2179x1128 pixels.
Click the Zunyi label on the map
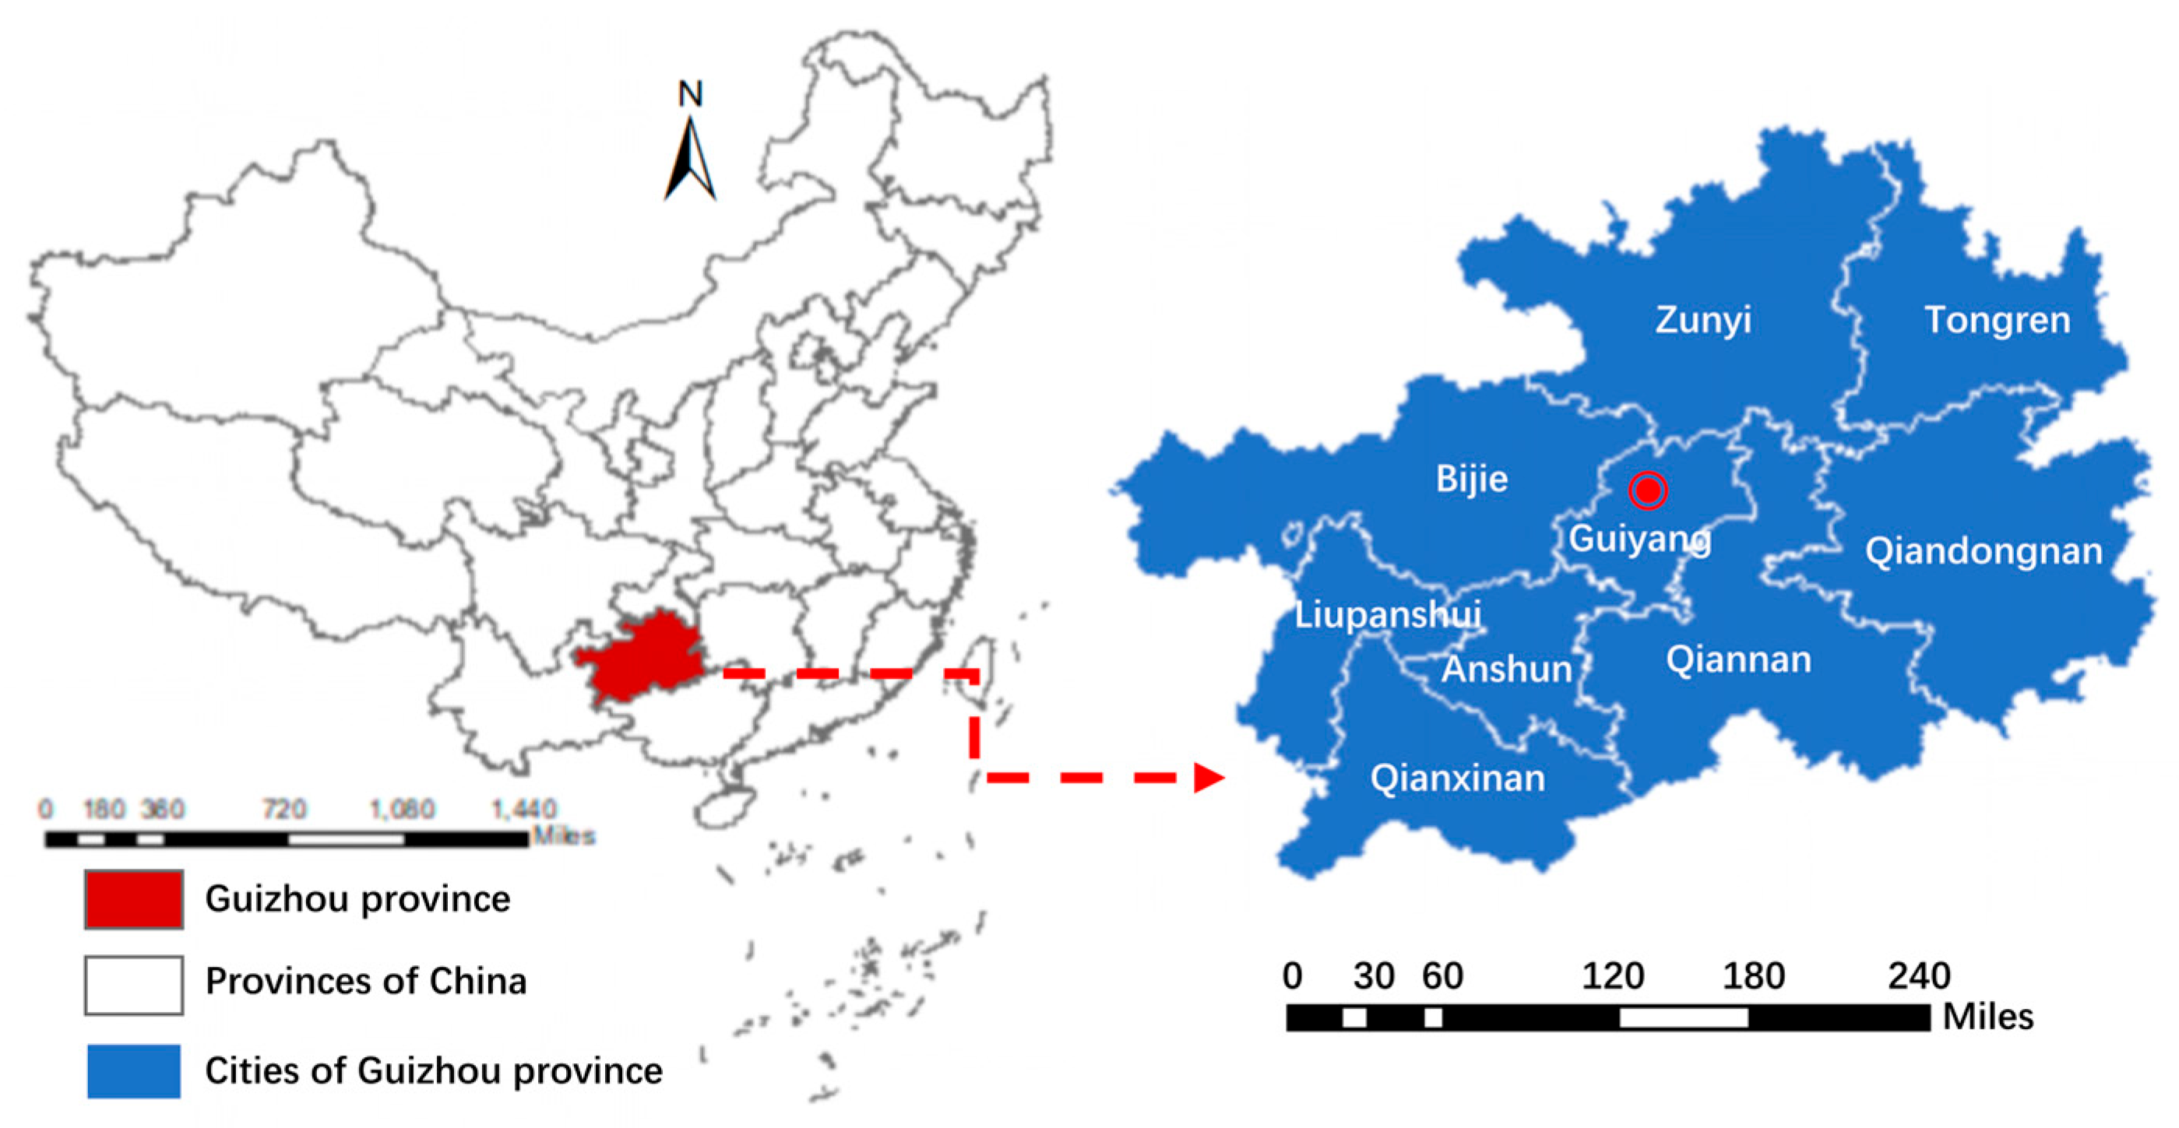click(1702, 321)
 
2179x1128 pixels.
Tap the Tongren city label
click(1997, 321)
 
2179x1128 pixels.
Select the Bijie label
click(1471, 480)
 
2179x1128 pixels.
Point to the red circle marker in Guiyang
click(1648, 490)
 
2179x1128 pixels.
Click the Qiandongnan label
click(1984, 551)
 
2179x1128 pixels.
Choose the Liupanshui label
click(1387, 615)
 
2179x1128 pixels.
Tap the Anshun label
click(1506, 669)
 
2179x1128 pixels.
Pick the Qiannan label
click(1738, 659)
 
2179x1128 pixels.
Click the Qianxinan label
click(1457, 778)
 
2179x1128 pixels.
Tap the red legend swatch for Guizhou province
click(134, 899)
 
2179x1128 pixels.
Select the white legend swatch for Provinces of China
click(134, 984)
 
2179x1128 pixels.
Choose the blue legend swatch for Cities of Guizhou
click(134, 1071)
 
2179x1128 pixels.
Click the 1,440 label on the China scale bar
click(523, 810)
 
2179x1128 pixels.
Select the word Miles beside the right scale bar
click(1988, 1017)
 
